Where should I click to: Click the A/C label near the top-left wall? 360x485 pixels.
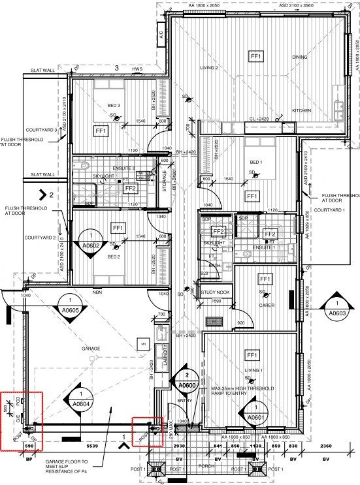[160, 33]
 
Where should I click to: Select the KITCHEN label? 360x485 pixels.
[301, 111]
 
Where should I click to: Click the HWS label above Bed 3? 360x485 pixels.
[137, 69]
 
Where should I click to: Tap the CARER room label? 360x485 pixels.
[265, 305]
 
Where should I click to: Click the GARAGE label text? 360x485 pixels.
[90, 349]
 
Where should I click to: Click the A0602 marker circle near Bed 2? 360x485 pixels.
[90, 240]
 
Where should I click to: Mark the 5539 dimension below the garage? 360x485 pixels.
[91, 445]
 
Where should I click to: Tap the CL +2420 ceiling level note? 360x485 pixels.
[260, 119]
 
